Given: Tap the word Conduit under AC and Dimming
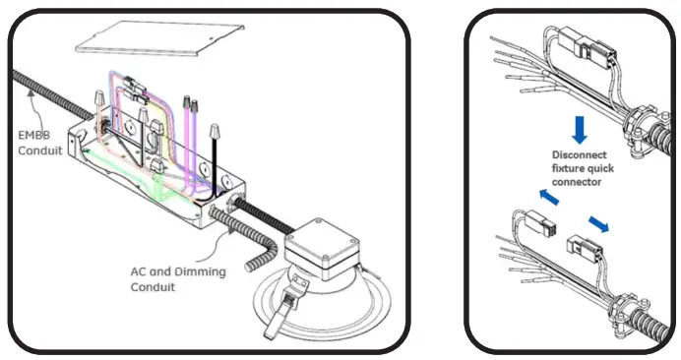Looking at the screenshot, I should pos(155,288).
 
